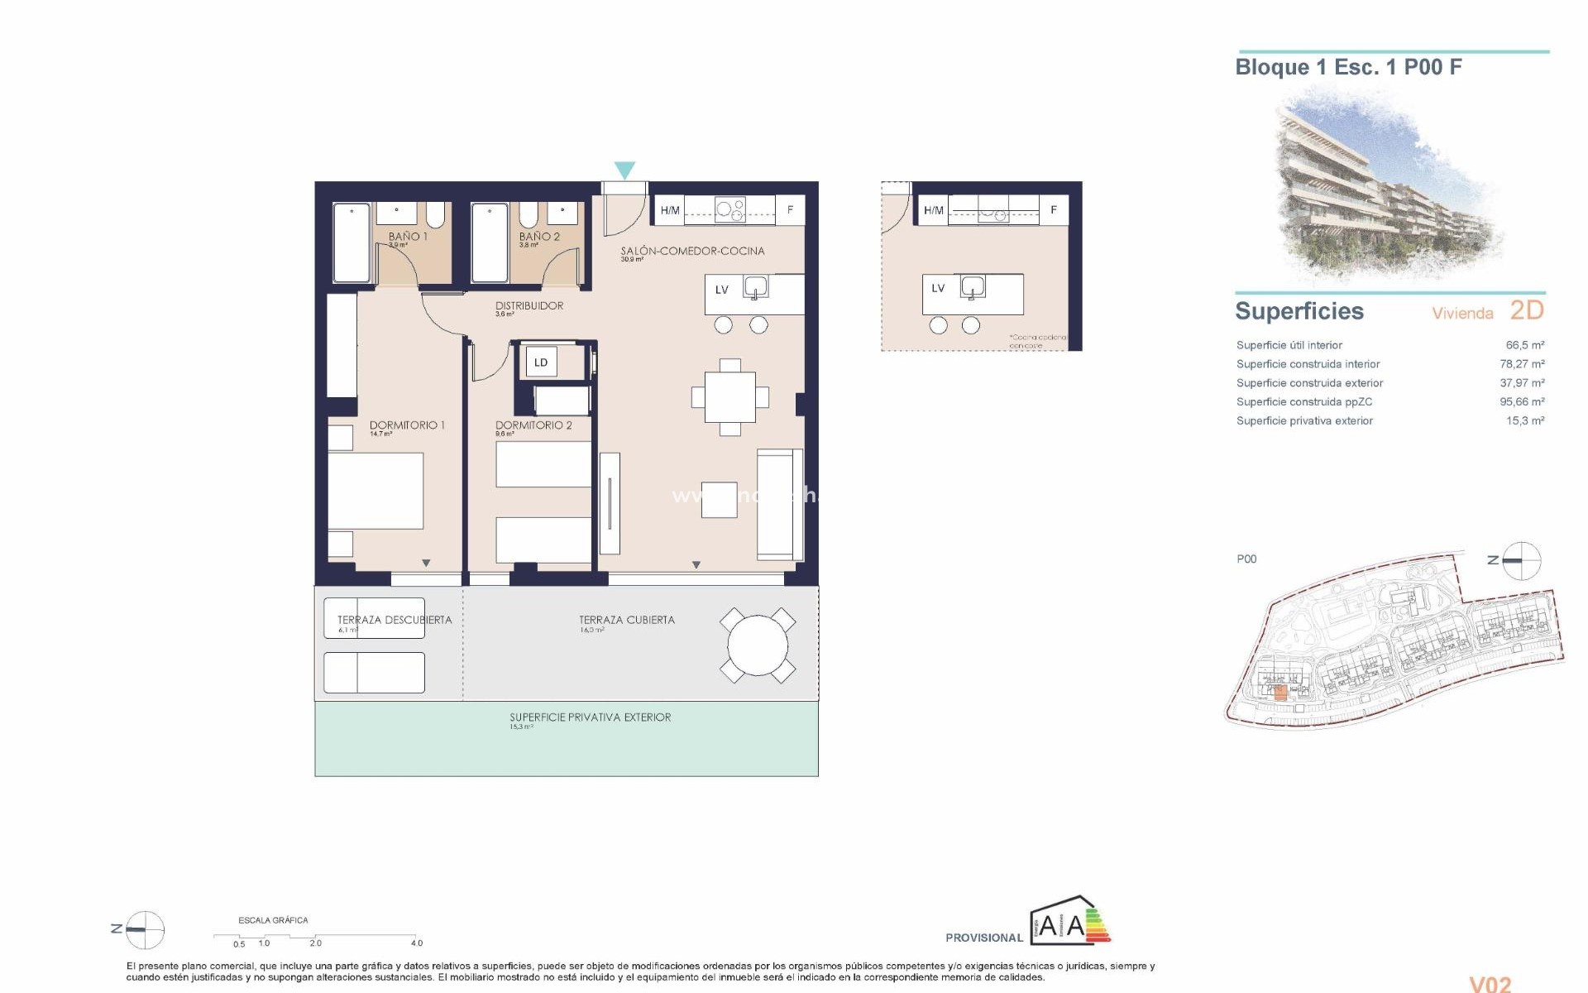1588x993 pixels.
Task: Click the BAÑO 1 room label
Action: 408,237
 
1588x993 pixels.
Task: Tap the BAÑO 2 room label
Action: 539,237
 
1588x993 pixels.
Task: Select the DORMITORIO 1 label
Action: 407,425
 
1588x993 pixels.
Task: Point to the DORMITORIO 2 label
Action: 533,425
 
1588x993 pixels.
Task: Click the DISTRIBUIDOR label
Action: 529,305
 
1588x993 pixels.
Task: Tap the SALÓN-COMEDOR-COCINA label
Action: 692,251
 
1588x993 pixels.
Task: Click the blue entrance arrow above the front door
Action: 624,170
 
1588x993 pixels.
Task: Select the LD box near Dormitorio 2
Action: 541,362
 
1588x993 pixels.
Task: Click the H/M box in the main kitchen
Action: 670,210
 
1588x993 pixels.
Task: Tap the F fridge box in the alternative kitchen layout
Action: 1053,210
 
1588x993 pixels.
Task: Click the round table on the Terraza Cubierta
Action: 758,645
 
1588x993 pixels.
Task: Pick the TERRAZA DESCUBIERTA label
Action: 395,620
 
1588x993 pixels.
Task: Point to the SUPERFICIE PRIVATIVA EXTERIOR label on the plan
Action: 590,717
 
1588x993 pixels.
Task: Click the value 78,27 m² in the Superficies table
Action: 1522,364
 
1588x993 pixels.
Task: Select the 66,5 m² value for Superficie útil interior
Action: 1524,345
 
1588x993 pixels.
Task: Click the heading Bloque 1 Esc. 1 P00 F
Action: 1348,67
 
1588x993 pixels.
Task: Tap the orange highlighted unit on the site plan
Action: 1280,693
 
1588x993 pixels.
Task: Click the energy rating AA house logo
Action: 1069,922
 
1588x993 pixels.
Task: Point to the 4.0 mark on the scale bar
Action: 416,943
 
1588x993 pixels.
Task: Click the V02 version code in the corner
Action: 1490,983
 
